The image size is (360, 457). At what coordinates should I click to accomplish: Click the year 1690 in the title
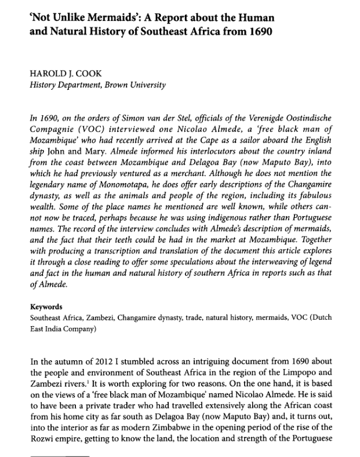coord(257,27)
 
